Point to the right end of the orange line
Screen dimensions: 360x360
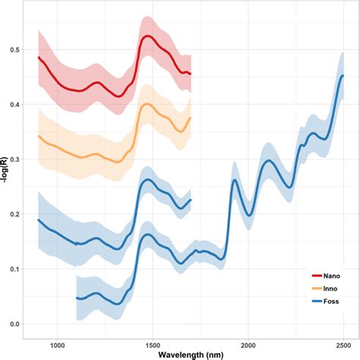[x=191, y=118]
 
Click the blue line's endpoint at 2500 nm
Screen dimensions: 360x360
[x=343, y=75]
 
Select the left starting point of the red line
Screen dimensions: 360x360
[x=39, y=57]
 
